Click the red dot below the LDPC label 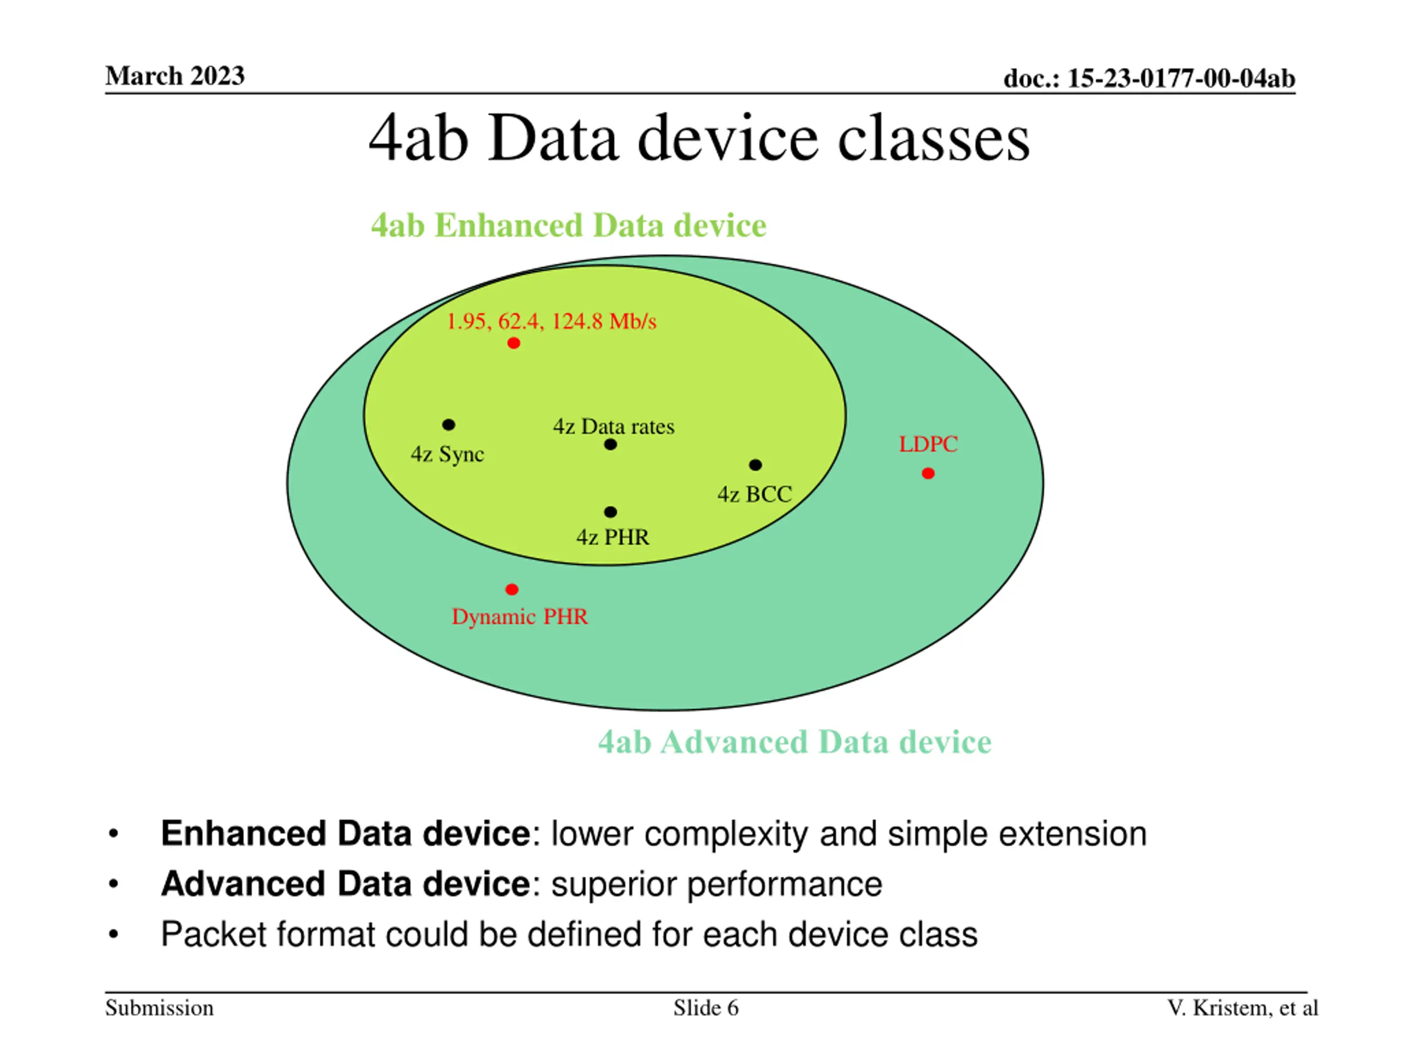928,473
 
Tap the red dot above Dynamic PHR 512,590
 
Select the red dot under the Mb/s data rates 514,343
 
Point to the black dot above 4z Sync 448,424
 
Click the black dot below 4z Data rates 611,444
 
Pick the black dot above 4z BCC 755,465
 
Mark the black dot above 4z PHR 611,512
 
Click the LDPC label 928,444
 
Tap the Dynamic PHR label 519,616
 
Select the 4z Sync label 447,454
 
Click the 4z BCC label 754,494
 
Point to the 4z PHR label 612,537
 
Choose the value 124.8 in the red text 577,322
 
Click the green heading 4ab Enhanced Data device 568,226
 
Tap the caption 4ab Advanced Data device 794,742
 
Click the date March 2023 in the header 175,76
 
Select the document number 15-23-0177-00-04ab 1181,79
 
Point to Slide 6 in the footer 705,1008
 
